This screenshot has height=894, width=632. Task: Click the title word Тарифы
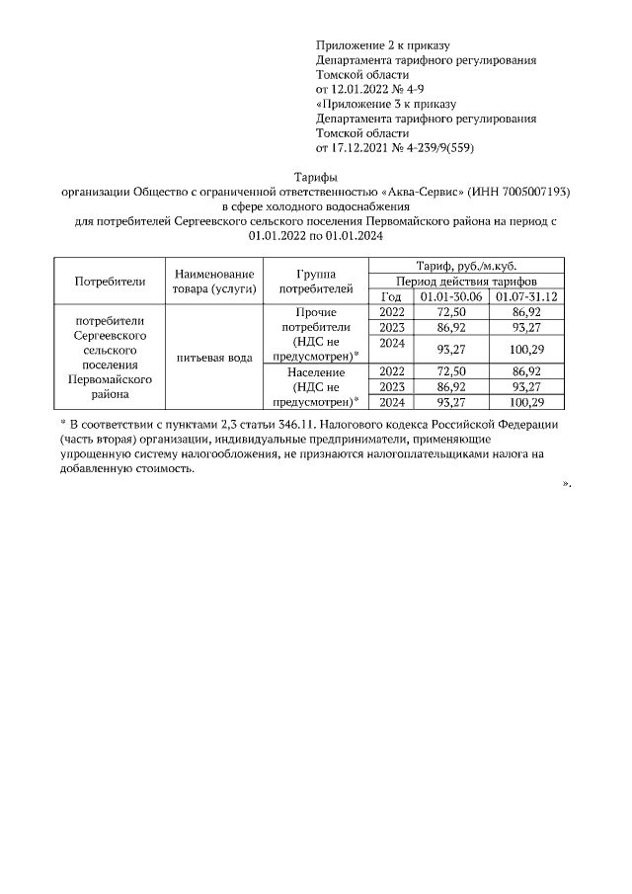tap(316, 176)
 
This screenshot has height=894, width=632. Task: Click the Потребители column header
tap(110, 281)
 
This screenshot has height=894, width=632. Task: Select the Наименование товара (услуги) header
tap(213, 281)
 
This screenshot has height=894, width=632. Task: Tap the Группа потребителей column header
tap(316, 281)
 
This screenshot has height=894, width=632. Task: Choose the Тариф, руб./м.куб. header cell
tap(467, 266)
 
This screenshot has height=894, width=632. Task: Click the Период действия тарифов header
tap(467, 282)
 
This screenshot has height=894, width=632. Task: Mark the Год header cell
tap(391, 296)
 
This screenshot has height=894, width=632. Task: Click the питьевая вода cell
tap(213, 357)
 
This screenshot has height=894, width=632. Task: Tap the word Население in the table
tap(316, 372)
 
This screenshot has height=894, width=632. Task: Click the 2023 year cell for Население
tap(391, 387)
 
